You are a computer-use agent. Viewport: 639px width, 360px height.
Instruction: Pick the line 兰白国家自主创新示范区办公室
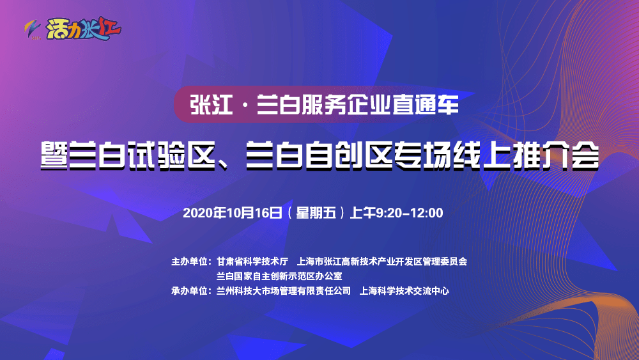(x=279, y=276)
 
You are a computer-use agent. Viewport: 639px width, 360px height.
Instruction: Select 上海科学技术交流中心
(x=404, y=291)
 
